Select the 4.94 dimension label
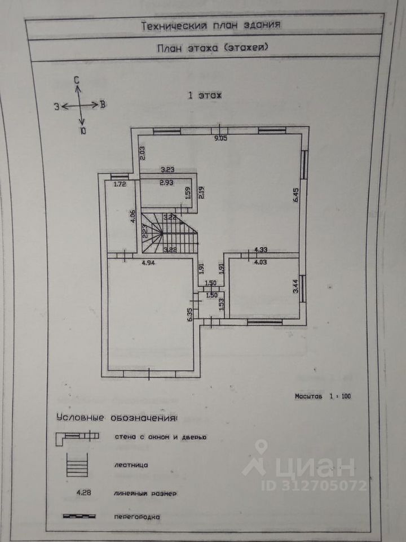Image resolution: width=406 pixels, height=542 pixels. click(148, 263)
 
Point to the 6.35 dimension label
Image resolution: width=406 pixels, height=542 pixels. click(191, 314)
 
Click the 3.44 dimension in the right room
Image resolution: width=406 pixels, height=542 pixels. click(295, 290)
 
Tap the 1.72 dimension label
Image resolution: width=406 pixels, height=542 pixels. click(119, 184)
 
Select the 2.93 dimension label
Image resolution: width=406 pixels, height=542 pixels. click(166, 183)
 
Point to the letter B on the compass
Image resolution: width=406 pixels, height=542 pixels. click(102, 104)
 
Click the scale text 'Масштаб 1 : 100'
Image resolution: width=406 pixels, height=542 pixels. click(323, 396)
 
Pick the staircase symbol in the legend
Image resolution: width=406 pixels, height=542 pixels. click(77, 466)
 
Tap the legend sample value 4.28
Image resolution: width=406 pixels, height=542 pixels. click(85, 493)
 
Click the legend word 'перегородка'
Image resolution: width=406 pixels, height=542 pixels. click(137, 516)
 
